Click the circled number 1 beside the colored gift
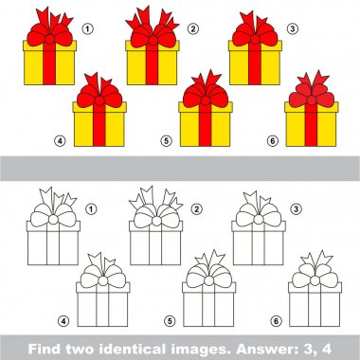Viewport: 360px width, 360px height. (x=88, y=29)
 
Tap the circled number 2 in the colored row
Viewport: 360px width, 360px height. (x=193, y=29)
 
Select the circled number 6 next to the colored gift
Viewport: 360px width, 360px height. (x=273, y=141)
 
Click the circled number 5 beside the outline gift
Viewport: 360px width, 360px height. (x=170, y=321)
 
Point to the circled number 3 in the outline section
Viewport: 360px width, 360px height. (x=296, y=208)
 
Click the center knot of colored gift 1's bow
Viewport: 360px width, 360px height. (x=49, y=40)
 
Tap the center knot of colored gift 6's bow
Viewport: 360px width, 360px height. (x=311, y=100)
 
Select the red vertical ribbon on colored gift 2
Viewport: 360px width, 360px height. (x=152, y=63)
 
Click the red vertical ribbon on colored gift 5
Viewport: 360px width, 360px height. (x=205, y=125)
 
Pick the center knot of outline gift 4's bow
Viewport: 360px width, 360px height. (x=103, y=280)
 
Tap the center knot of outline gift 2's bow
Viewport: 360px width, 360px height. (x=156, y=221)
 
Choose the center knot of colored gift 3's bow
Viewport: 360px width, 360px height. (x=255, y=39)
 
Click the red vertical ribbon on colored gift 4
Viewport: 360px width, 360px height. (x=99, y=125)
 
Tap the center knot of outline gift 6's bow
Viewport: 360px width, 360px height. (x=315, y=280)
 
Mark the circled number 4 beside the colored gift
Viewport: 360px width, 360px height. (x=60, y=141)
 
